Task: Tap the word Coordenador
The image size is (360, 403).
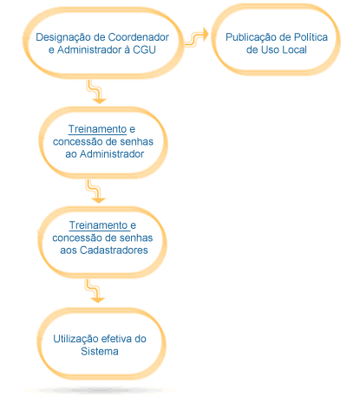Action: [x=138, y=37]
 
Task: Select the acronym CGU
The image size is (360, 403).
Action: [x=144, y=49]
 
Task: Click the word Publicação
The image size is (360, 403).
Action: [x=251, y=38]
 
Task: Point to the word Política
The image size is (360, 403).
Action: [x=311, y=37]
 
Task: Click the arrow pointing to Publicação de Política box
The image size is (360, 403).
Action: [x=197, y=37]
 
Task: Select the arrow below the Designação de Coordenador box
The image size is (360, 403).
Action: [x=97, y=92]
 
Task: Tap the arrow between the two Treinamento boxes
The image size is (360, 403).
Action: [x=96, y=192]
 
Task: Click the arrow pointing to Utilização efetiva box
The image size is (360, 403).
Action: [x=95, y=291]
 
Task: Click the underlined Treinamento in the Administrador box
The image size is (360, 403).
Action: [x=97, y=129]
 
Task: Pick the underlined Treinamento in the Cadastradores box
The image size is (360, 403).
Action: [x=99, y=225]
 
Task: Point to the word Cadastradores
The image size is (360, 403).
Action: [x=114, y=250]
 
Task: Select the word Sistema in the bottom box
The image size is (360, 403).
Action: [x=100, y=351]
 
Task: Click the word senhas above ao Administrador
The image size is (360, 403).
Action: [x=137, y=141]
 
